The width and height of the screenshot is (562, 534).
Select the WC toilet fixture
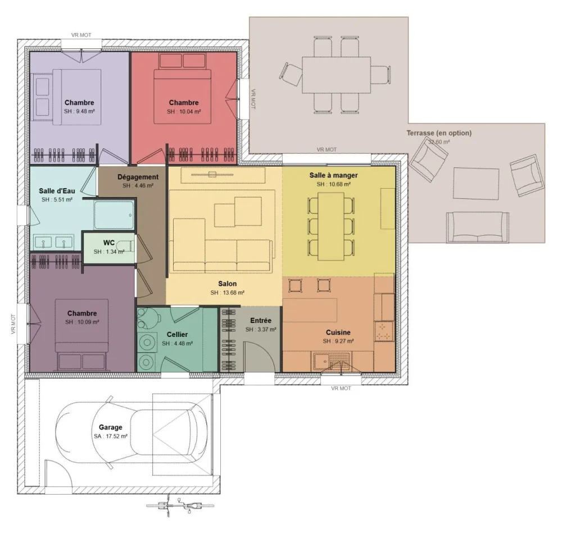[127, 246]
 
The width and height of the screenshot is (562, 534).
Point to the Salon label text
[227, 284]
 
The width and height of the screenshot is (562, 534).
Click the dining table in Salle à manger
[331, 226]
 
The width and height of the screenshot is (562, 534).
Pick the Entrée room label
[261, 320]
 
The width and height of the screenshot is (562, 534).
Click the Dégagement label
[138, 177]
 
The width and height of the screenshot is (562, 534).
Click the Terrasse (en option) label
[438, 133]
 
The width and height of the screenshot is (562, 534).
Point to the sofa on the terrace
[477, 227]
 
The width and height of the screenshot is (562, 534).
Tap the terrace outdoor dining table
[336, 75]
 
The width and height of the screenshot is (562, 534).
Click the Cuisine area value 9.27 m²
[338, 341]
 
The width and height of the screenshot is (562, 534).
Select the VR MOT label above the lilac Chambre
[81, 35]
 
